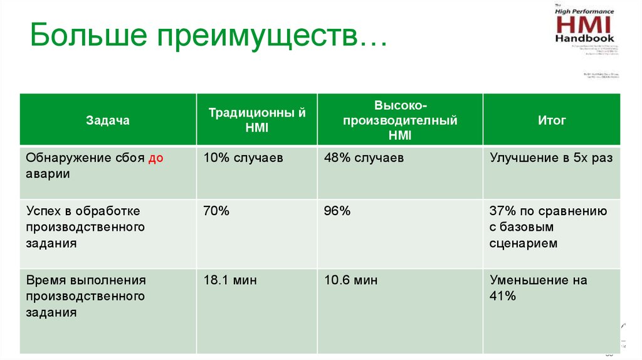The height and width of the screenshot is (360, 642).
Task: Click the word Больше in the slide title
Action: tap(85, 39)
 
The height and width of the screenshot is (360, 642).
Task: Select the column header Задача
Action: tap(108, 120)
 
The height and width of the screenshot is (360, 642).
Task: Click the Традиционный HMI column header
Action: tap(257, 120)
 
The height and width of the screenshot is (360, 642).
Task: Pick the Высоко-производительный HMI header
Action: tap(399, 120)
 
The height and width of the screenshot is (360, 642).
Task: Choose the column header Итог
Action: tap(552, 120)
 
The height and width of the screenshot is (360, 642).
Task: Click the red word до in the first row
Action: tap(155, 158)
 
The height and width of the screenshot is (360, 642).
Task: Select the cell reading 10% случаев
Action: tap(243, 158)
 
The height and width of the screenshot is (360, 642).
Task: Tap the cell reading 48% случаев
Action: tap(364, 158)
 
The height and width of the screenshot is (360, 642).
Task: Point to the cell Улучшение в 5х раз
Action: tap(551, 158)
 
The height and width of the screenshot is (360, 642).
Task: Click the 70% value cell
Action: tap(216, 211)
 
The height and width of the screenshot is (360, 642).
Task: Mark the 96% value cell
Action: tap(337, 211)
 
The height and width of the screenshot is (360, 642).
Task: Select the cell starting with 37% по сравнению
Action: tap(548, 227)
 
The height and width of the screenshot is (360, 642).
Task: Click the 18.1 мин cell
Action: tap(229, 280)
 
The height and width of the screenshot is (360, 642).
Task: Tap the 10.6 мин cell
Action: tap(350, 280)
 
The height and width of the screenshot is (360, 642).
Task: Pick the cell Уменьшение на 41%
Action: tap(538, 288)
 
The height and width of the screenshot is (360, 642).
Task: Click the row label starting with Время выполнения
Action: tap(85, 296)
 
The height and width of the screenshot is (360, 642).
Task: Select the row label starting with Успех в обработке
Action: tap(85, 227)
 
